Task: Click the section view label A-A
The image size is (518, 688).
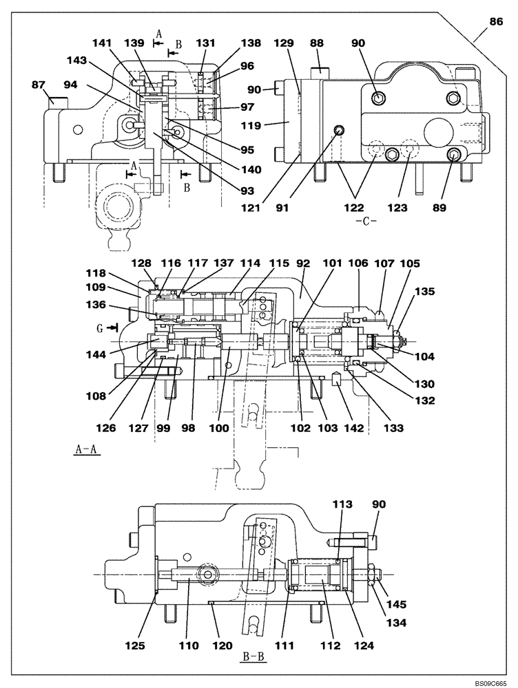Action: (x=87, y=450)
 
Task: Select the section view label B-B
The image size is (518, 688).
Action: (x=253, y=658)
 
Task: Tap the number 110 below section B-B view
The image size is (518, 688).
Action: (x=189, y=645)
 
